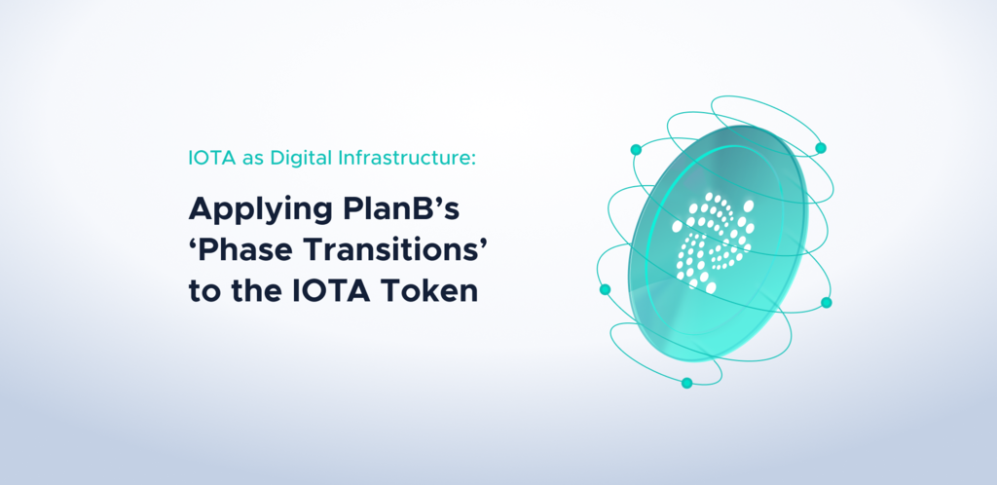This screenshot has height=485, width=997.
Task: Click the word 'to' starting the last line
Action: coord(203,292)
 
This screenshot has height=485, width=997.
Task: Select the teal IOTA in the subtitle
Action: coord(211,158)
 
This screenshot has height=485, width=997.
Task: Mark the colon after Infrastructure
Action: coord(472,160)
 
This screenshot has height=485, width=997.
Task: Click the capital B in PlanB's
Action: coord(417,209)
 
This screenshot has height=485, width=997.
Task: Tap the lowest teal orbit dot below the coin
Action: coord(686,383)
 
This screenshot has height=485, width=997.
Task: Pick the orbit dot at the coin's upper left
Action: coord(636,149)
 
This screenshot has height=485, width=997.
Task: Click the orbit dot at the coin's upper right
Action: coord(821,148)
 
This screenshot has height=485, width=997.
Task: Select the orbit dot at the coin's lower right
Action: coord(827,303)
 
